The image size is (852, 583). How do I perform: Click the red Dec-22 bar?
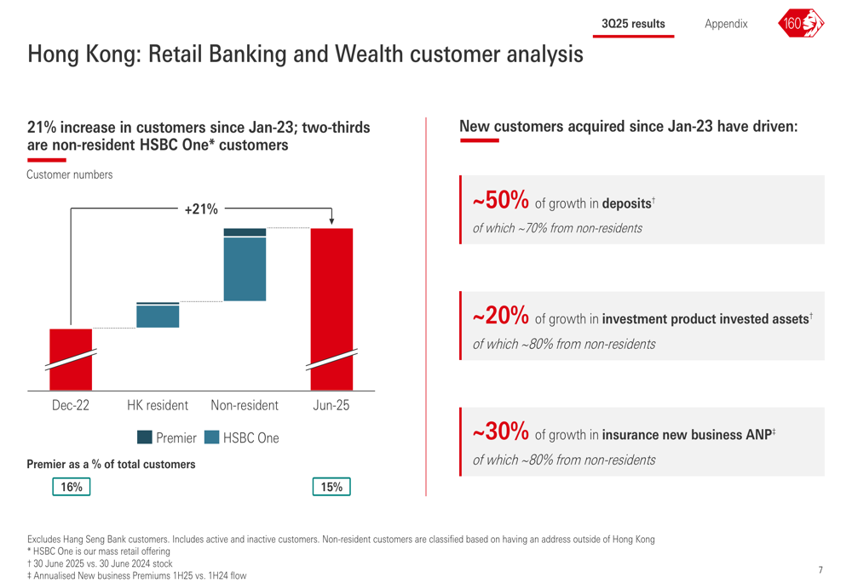pyautogui.click(x=71, y=359)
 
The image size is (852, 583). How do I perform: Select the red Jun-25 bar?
pyautogui.click(x=331, y=309)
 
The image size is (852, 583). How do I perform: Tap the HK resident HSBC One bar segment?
pyautogui.click(x=158, y=317)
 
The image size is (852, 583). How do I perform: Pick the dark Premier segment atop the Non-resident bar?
pyautogui.click(x=245, y=232)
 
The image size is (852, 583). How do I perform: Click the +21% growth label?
pyautogui.click(x=201, y=209)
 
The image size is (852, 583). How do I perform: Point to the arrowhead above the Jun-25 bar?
pyautogui.click(x=331, y=221)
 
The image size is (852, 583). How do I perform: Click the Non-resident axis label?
pyautogui.click(x=245, y=405)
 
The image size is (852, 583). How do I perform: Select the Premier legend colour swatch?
pyautogui.click(x=145, y=437)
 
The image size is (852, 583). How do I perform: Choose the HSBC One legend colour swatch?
pyautogui.click(x=212, y=437)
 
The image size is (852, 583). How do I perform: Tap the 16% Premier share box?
pyautogui.click(x=72, y=486)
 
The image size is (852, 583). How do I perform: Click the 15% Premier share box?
pyautogui.click(x=331, y=486)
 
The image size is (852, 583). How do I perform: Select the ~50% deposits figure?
pyautogui.click(x=500, y=200)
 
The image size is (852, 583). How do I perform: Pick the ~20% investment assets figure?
pyautogui.click(x=500, y=316)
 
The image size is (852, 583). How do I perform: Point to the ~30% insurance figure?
pyautogui.click(x=500, y=432)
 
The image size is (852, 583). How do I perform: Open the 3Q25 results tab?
pyautogui.click(x=633, y=24)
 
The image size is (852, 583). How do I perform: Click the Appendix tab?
pyautogui.click(x=726, y=24)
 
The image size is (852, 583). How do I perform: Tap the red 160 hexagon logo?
pyautogui.click(x=801, y=23)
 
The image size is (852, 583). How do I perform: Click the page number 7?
pyautogui.click(x=820, y=569)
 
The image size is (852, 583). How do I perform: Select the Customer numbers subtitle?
pyautogui.click(x=70, y=174)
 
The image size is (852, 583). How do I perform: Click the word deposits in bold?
pyautogui.click(x=626, y=203)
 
